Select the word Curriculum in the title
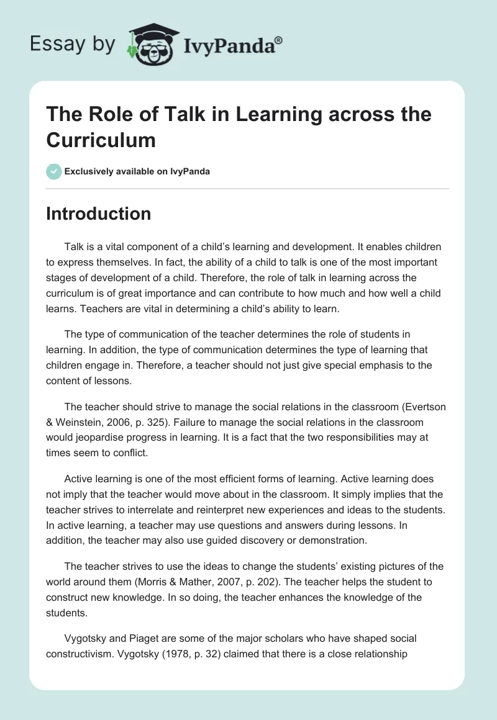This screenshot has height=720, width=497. (x=100, y=140)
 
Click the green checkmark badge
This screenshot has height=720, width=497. (x=53, y=171)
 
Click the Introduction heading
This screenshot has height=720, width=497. (x=98, y=214)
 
